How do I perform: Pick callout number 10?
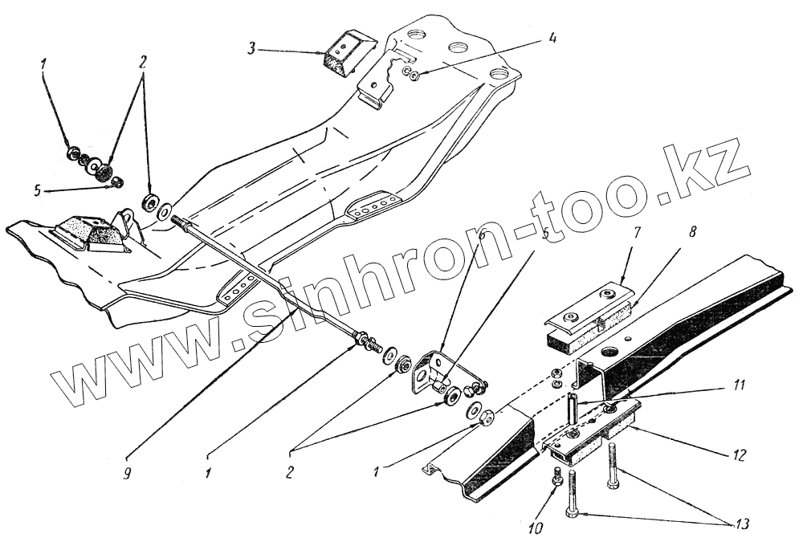[533, 528]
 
